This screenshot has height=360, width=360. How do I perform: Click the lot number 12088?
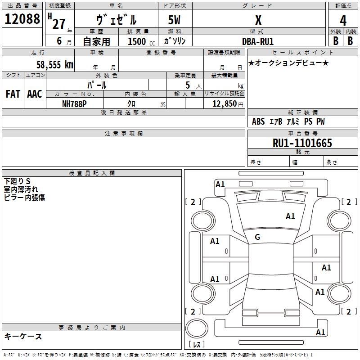point(22,20)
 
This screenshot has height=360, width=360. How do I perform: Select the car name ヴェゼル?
point(117,20)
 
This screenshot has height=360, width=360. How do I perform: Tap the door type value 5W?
point(175,20)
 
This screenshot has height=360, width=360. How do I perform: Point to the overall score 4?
point(343,21)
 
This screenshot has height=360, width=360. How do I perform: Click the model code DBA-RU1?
point(258,41)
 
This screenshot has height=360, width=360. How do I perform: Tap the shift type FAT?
point(13,94)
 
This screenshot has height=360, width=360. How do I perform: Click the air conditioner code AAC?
point(34,94)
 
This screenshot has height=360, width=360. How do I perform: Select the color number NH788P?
point(74,103)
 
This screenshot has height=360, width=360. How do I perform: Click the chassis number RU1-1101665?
point(302,144)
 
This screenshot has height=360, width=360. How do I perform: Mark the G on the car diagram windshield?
point(257,237)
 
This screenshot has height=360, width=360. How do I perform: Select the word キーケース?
point(23,336)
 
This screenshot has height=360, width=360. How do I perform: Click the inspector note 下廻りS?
point(17,181)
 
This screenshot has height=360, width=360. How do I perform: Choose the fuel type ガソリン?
point(175,41)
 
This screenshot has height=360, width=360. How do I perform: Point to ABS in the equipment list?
point(258,121)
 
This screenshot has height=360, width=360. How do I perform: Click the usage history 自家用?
point(96,41)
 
